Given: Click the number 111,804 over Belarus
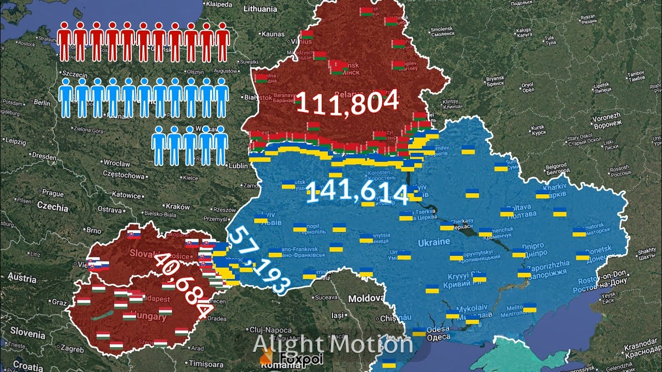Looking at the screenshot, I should pyautogui.click(x=348, y=101).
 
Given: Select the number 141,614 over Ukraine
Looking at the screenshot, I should pyautogui.click(x=357, y=192).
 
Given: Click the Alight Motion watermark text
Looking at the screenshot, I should pyautogui.click(x=333, y=344).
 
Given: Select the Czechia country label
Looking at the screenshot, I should pyautogui.click(x=52, y=208).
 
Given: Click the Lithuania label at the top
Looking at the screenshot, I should pyautogui.click(x=260, y=9).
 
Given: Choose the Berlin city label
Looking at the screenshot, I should pyautogui.click(x=42, y=103).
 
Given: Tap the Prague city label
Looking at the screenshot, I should pyautogui.click(x=53, y=193).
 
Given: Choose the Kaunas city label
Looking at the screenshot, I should pyautogui.click(x=273, y=34).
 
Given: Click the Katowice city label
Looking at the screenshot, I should pyautogui.click(x=127, y=195).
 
